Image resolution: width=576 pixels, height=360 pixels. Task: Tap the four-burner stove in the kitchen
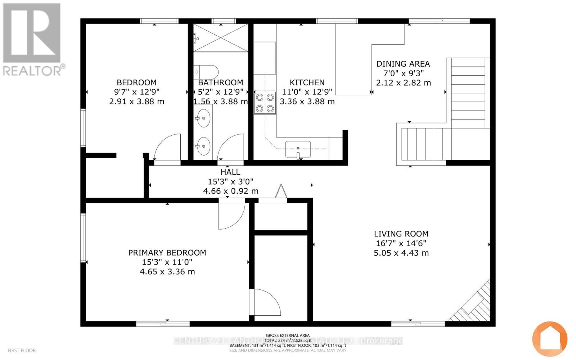265,103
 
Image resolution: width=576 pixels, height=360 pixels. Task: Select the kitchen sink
298,149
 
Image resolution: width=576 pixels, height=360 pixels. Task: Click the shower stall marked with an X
221,38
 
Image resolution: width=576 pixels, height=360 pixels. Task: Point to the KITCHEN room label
307,82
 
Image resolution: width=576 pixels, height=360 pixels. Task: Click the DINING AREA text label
403,64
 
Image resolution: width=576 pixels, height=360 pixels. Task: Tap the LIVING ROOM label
401,234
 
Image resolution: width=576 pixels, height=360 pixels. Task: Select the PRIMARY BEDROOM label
167,253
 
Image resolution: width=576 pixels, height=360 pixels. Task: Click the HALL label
230,172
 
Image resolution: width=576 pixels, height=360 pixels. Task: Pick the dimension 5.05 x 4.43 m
401,253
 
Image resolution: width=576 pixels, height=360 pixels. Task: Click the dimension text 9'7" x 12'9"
136,92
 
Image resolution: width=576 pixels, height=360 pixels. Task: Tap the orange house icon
550,339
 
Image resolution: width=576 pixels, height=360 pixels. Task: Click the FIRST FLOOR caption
22,350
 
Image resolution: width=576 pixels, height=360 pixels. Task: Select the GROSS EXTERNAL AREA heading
288,336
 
